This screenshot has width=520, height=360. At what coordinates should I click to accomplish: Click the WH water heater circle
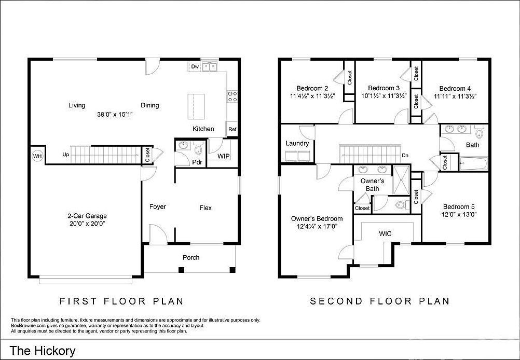pyautogui.click(x=37, y=156)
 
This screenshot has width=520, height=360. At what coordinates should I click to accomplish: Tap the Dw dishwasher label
pyautogui.click(x=195, y=66)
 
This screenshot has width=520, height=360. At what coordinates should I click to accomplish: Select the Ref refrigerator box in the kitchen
pyautogui.click(x=232, y=129)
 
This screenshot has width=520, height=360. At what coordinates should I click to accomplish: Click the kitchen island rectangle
pyautogui.click(x=196, y=106)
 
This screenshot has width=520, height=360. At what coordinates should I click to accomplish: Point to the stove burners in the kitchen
pyautogui.click(x=232, y=96)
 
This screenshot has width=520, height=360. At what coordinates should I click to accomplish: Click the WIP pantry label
pyautogui.click(x=224, y=156)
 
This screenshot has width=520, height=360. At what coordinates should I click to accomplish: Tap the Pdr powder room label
pyautogui.click(x=197, y=162)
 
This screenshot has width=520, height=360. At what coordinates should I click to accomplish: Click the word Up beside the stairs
pyautogui.click(x=66, y=155)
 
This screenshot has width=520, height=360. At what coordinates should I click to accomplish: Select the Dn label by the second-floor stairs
pyautogui.click(x=405, y=156)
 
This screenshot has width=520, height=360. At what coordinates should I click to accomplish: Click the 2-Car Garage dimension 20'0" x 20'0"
pyautogui.click(x=87, y=224)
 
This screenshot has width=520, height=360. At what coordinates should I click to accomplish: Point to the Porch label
pyautogui.click(x=191, y=258)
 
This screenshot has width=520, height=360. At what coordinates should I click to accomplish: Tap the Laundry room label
pyautogui.click(x=297, y=143)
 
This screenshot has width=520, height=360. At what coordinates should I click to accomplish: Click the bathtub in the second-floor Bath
pyautogui.click(x=474, y=164)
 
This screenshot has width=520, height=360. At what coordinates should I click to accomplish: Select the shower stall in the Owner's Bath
pyautogui.click(x=401, y=179)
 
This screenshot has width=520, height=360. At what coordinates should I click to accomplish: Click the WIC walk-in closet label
pyautogui.click(x=385, y=234)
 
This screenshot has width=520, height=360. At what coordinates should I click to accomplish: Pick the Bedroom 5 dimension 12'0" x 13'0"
pyautogui.click(x=459, y=214)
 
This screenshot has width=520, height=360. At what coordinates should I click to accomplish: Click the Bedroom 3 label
pyautogui.click(x=384, y=88)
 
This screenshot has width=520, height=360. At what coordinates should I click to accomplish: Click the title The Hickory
pyautogui.click(x=43, y=350)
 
